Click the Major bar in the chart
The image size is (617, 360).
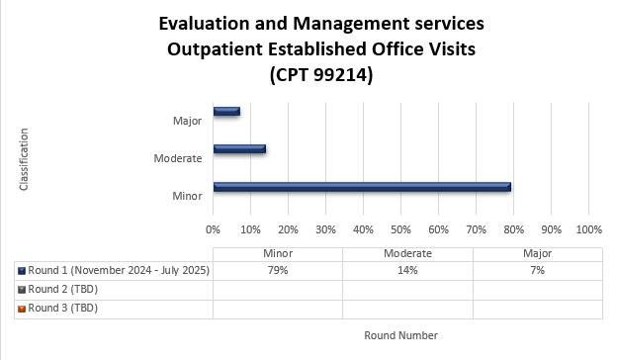click(x=226, y=111)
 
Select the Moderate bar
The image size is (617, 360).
click(x=239, y=149)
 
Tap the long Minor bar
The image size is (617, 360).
click(x=361, y=187)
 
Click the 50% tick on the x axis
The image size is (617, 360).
click(x=400, y=228)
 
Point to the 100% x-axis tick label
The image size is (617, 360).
click(x=588, y=228)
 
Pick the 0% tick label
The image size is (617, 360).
click(x=213, y=228)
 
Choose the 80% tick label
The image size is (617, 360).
click(x=513, y=228)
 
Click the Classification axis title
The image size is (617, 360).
click(x=25, y=158)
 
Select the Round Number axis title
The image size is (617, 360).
click(x=400, y=335)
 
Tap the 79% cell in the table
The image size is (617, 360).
click(x=277, y=270)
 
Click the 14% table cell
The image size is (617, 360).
click(x=407, y=270)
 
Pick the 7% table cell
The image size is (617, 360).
click(x=537, y=270)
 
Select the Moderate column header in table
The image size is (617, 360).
click(x=407, y=253)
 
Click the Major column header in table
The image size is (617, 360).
click(x=537, y=253)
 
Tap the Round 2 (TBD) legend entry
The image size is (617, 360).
click(x=62, y=289)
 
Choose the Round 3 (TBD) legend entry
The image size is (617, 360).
click(x=62, y=308)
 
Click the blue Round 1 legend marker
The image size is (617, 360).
click(x=22, y=270)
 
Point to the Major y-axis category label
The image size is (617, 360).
click(x=186, y=121)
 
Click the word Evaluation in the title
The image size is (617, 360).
click(x=205, y=22)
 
